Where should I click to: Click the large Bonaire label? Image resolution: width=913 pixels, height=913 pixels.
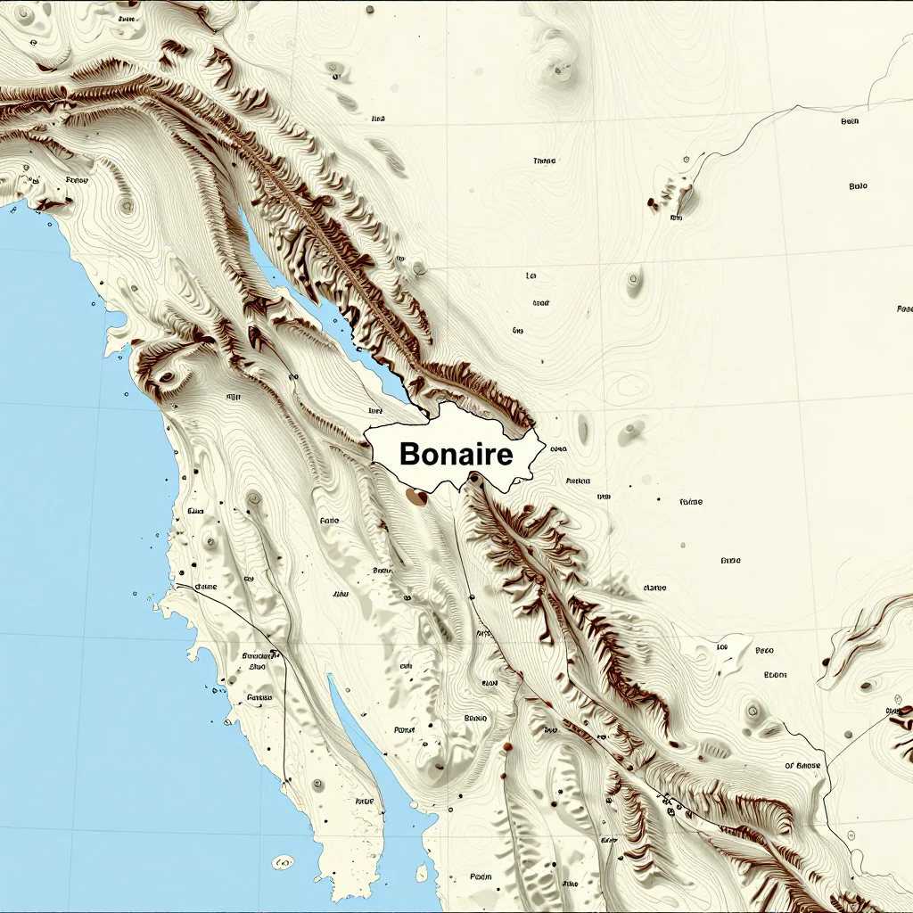[x=456, y=455]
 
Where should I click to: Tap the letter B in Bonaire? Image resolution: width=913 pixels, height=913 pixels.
[x=410, y=455]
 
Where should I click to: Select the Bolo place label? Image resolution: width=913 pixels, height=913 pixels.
[x=858, y=186]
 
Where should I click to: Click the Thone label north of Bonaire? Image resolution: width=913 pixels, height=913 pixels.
[x=544, y=161]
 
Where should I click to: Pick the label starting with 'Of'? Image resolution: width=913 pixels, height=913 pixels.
[x=802, y=765]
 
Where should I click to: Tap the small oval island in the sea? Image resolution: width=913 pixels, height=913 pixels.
[x=283, y=862]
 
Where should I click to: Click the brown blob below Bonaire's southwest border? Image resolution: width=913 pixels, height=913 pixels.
[x=415, y=495]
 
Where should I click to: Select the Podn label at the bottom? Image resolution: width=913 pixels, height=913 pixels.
[x=481, y=876]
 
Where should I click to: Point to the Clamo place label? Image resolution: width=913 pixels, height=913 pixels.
[x=654, y=588]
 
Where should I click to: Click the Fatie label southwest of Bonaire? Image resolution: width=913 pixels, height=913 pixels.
[x=329, y=520]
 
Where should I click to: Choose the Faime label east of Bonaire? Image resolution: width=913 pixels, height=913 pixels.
[x=690, y=502]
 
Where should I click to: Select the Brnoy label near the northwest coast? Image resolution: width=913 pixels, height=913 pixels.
[x=78, y=180]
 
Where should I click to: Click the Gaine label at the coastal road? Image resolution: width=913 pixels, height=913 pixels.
[x=205, y=587]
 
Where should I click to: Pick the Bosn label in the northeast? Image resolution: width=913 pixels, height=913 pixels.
[x=850, y=121]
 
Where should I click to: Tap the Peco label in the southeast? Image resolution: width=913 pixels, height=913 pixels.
[x=764, y=651]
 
